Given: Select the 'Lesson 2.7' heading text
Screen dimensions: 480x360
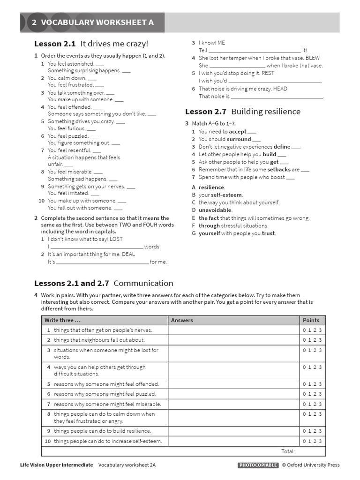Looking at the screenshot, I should coord(206,112).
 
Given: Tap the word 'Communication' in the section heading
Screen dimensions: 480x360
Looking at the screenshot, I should coord(143,283).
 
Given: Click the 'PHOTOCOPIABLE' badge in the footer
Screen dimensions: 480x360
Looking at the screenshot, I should coord(258,465).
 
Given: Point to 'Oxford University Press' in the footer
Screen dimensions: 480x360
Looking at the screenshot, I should coord(314,465).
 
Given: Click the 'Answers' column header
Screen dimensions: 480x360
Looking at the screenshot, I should coord(182,320).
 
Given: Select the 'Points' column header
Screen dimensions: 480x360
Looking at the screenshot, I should coord(311,320).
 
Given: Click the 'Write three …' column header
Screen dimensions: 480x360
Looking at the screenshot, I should coord(62,320).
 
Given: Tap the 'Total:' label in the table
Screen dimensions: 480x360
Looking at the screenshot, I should coord(288,451).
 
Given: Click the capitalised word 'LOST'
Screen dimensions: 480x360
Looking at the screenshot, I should coord(116,239).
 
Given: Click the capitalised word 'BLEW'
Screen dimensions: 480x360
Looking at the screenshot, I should coord(313,58).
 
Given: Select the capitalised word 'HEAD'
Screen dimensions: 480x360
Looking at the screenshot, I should coord(280,89).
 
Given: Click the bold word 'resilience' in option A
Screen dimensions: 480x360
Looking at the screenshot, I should coord(211,187).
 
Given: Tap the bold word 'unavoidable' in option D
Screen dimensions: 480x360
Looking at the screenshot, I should coord(215,210).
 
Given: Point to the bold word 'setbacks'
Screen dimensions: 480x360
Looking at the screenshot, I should coord(279,170).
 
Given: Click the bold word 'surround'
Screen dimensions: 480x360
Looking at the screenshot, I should coord(239,139).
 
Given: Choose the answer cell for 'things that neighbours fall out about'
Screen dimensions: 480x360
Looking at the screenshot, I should coord(233,340).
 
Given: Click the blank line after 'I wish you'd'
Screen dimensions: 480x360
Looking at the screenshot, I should coord(274,81).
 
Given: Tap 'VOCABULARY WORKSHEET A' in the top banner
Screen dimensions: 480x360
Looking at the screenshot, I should coord(97,22).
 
